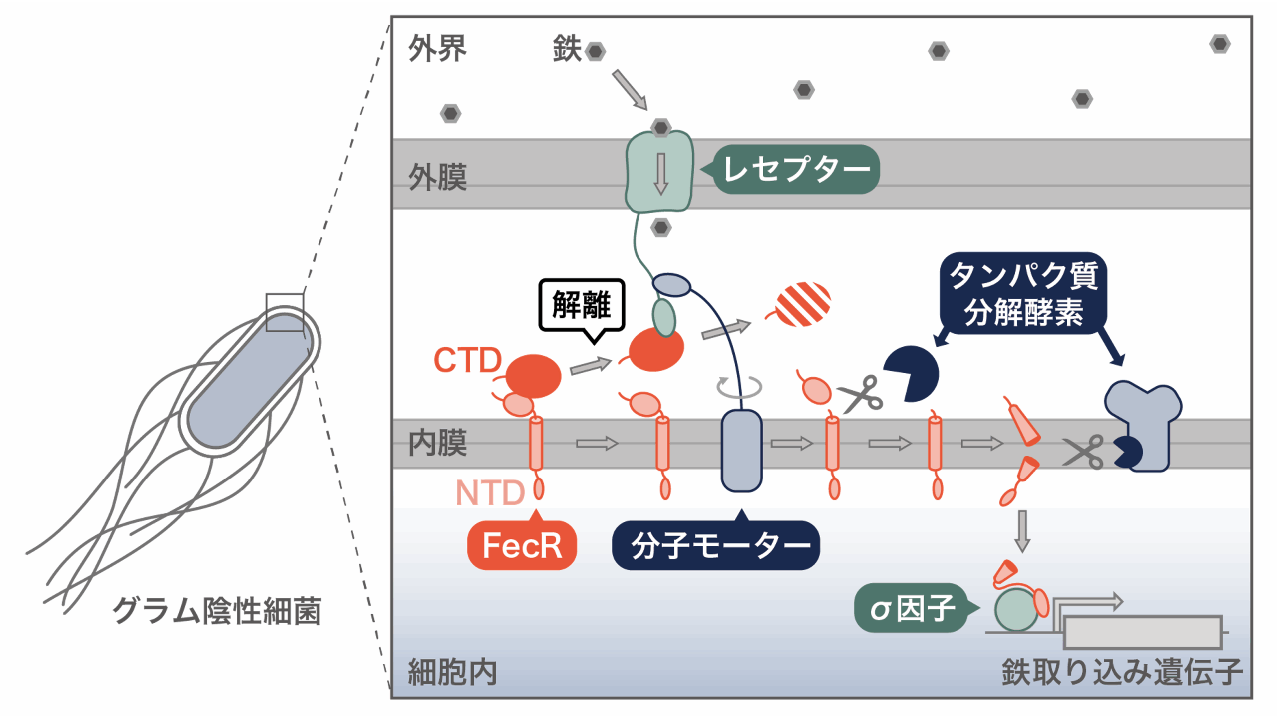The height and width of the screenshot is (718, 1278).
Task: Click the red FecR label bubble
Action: (x=522, y=545)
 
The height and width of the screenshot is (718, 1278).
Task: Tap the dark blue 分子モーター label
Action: (x=715, y=545)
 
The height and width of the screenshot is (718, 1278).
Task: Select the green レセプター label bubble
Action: (x=796, y=169)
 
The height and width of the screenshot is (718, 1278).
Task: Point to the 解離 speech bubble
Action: (x=582, y=305)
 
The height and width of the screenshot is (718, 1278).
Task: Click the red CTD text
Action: (x=467, y=360)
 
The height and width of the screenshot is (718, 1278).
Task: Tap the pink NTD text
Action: (x=490, y=493)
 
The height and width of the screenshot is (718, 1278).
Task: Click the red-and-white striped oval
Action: (x=803, y=304)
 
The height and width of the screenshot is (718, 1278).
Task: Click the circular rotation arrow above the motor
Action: (x=739, y=387)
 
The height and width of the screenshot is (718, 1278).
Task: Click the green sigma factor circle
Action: (x=1015, y=610)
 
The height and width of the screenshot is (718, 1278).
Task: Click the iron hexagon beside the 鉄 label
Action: (x=595, y=51)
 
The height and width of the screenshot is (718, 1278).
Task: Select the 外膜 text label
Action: (x=437, y=177)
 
